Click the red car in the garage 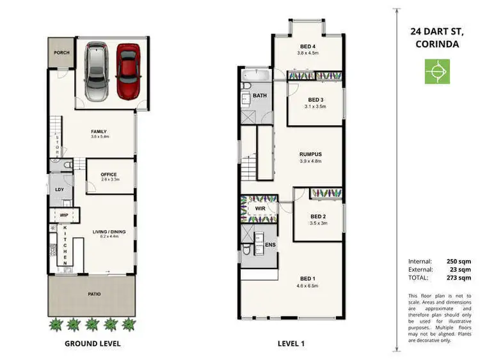[x=128, y=71]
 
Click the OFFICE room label [x=109, y=174]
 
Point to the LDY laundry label [x=60, y=189]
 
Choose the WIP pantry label [x=64, y=215]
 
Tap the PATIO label [x=93, y=295]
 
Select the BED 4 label [x=308, y=47]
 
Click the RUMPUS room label [x=310, y=154]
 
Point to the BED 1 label [x=308, y=279]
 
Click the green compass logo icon [x=438, y=71]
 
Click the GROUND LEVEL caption [x=93, y=343]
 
